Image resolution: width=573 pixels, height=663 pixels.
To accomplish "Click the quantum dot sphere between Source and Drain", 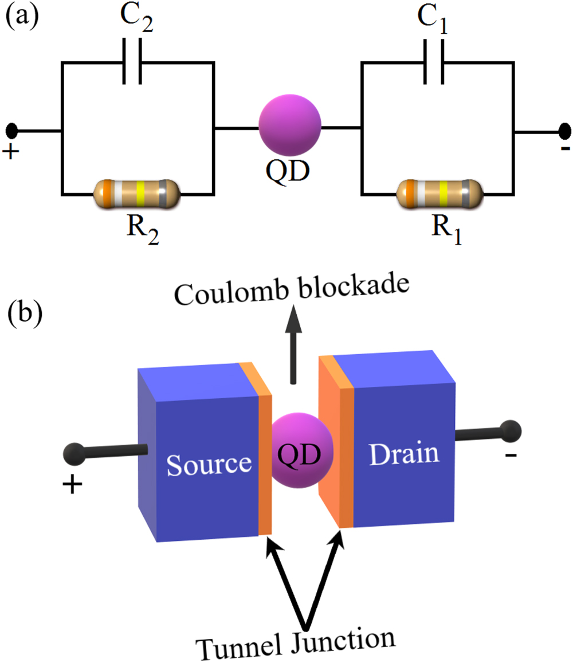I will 297,452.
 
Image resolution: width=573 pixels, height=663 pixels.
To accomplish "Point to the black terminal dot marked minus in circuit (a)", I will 565,131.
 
